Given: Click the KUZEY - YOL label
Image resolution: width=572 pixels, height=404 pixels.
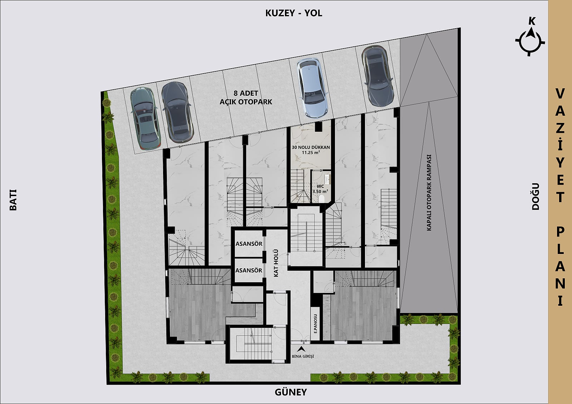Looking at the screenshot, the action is pyautogui.click(x=294, y=13).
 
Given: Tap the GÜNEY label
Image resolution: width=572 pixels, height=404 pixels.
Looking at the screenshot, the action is pyautogui.click(x=291, y=392).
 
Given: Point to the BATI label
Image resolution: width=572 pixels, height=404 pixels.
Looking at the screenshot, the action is pyautogui.click(x=13, y=200).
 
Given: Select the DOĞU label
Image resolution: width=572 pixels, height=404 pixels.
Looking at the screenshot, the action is pyautogui.click(x=536, y=196).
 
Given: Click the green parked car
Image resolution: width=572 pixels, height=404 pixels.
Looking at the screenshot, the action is pyautogui.click(x=145, y=118).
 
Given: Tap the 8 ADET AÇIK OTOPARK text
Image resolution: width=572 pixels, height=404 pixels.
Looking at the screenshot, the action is pyautogui.click(x=246, y=98).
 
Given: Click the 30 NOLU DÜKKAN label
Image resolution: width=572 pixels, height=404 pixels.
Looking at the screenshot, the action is pyautogui.click(x=311, y=147).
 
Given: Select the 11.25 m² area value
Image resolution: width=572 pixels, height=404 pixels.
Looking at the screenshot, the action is pyautogui.click(x=311, y=153).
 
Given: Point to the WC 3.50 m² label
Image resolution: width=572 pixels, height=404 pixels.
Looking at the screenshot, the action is pyautogui.click(x=320, y=189).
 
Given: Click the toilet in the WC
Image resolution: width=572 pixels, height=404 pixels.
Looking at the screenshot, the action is pyautogui.click(x=321, y=198).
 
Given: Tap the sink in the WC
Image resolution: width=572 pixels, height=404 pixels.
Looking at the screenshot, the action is pyautogui.click(x=327, y=179).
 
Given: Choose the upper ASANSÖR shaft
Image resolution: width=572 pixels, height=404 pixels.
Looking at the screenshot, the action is pyautogui.click(x=249, y=244).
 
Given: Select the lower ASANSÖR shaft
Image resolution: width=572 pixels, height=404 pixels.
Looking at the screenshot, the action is pyautogui.click(x=249, y=270).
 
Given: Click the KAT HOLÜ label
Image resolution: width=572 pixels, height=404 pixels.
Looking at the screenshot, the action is pyautogui.click(x=276, y=263).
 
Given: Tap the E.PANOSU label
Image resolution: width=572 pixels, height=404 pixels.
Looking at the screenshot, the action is pyautogui.click(x=315, y=324).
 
